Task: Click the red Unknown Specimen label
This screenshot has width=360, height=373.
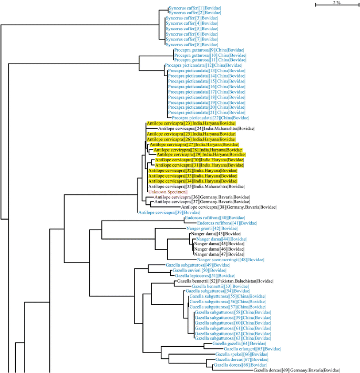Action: point(168,192)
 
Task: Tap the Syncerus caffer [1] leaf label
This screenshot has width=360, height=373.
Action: point(192,8)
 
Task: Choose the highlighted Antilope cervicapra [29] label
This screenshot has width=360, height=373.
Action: point(201,155)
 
